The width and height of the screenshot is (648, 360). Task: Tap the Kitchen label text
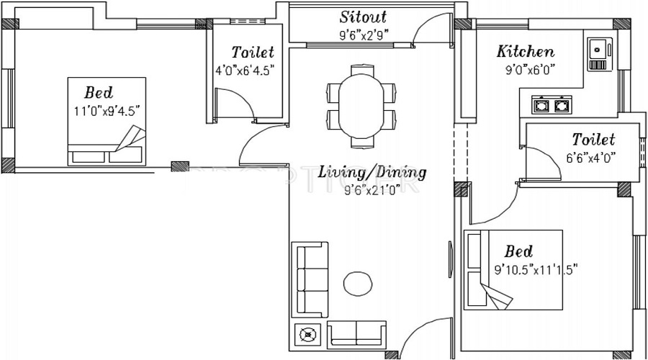526,52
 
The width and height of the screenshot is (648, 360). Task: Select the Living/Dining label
372,173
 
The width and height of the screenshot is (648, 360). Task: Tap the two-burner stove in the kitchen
551,106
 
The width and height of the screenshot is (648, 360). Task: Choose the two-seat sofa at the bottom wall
358,334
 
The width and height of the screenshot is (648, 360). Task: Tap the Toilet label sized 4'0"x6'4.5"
252,53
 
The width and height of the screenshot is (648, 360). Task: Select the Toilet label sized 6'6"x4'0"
593,139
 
